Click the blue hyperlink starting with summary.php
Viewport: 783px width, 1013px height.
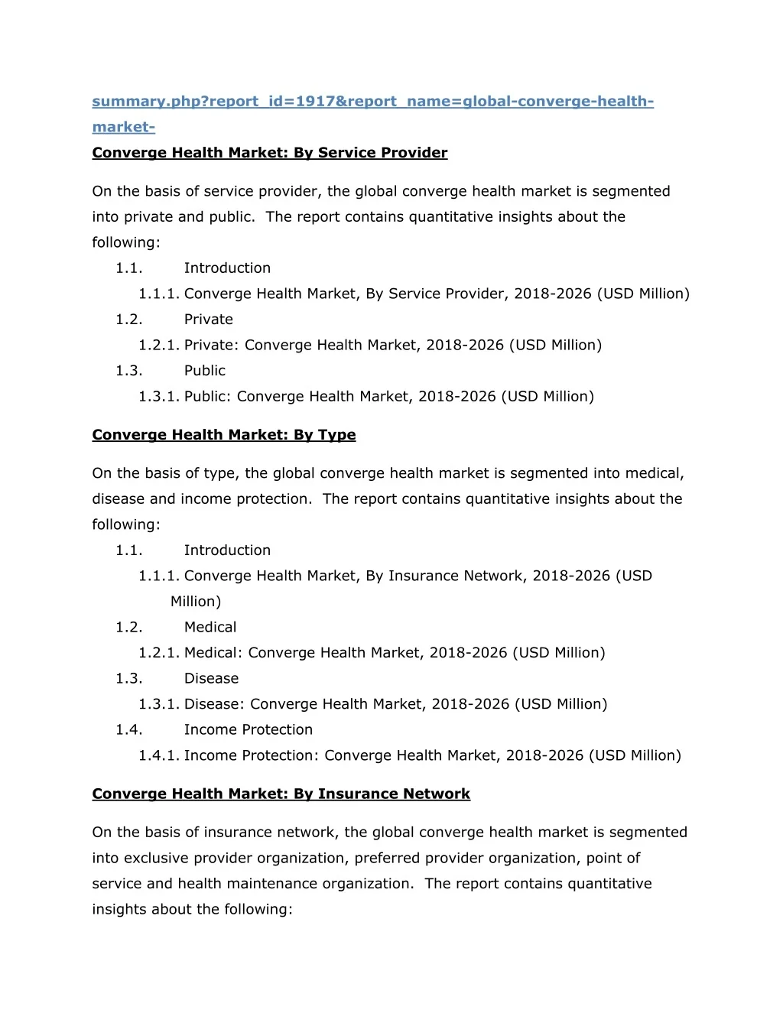(372, 102)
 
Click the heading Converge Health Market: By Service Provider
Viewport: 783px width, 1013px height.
(269, 153)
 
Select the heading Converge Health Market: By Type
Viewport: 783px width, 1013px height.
(223, 435)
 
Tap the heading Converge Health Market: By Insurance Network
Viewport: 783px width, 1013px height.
(281, 794)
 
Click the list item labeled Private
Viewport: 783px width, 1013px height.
(208, 320)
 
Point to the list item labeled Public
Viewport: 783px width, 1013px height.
(204, 371)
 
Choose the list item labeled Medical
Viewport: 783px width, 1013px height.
(210, 628)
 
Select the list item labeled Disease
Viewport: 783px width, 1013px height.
(211, 679)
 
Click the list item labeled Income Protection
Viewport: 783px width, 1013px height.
(248, 730)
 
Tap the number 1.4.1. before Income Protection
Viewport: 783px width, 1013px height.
(158, 756)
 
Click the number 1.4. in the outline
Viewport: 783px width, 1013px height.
(128, 730)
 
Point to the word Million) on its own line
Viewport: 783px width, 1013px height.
(196, 602)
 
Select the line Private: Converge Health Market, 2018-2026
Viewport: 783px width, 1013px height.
(392, 346)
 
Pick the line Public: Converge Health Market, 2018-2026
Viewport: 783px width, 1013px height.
(388, 397)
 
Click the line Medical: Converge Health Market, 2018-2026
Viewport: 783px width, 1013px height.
(395, 653)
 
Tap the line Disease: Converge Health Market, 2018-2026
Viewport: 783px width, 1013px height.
(395, 704)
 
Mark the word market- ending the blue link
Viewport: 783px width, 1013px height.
(123, 127)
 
